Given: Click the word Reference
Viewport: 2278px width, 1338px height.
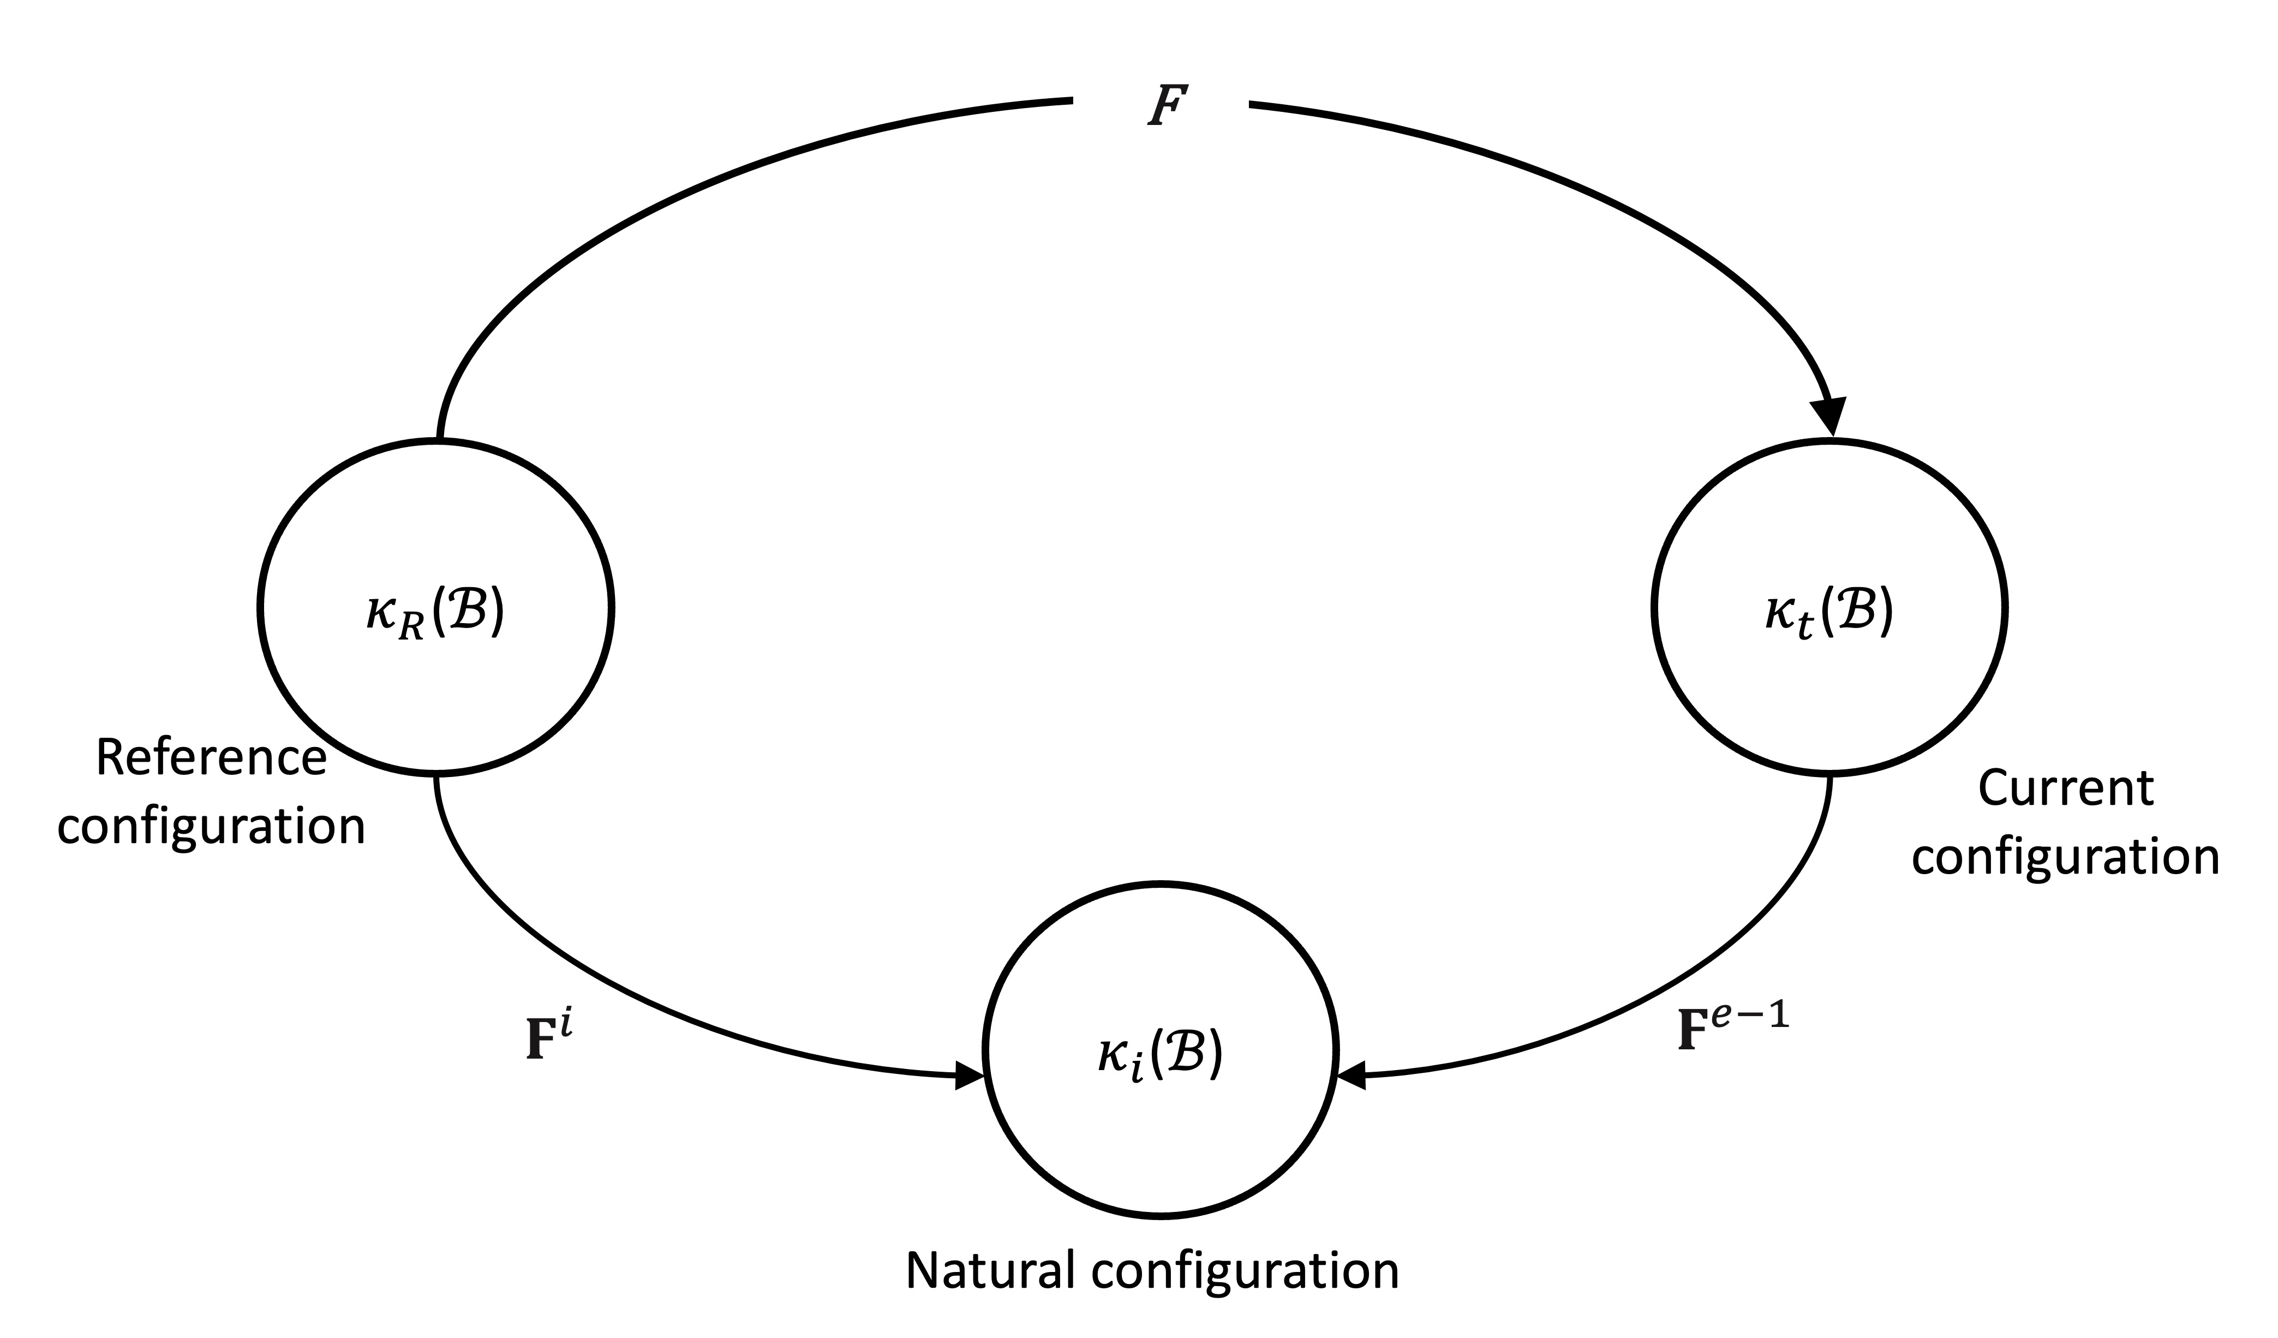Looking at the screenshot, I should [211, 757].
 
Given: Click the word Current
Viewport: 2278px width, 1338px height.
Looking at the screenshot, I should [2066, 789].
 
